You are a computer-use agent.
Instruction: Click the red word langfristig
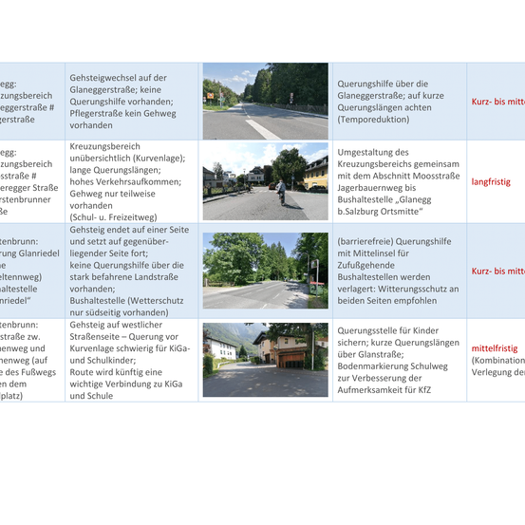tap(492, 181)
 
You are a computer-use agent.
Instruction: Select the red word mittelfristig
tap(496, 348)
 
